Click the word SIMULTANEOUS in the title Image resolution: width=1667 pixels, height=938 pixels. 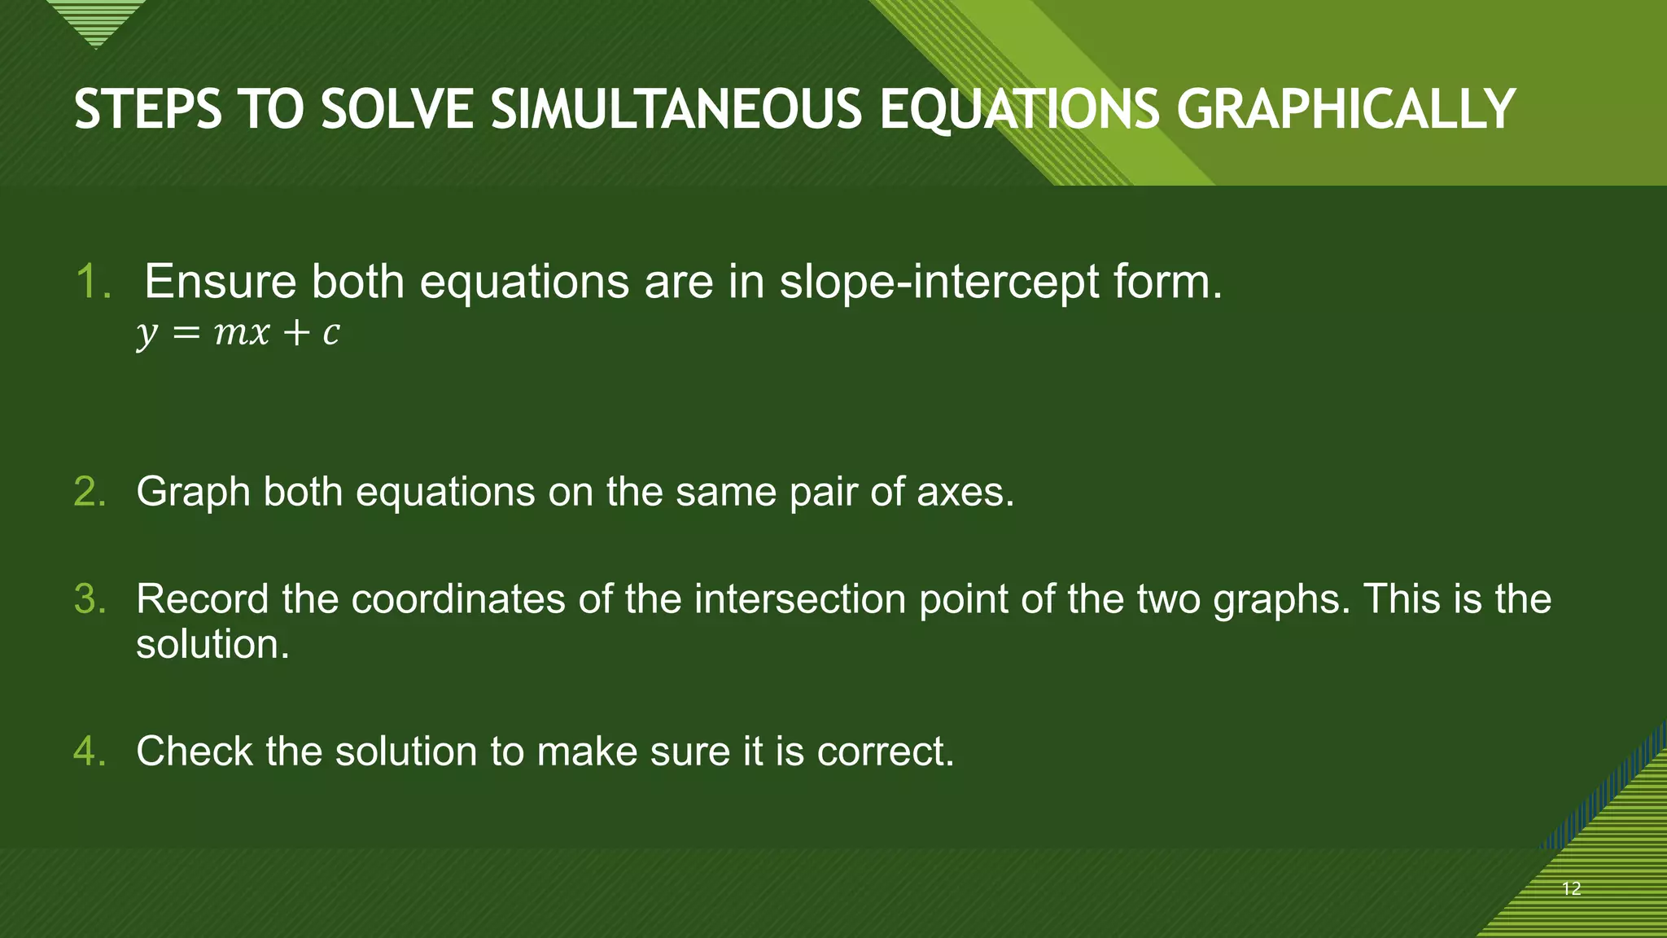(x=676, y=110)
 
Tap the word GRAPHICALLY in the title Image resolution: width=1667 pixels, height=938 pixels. (x=1345, y=110)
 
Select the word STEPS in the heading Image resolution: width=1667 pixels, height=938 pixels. (x=147, y=110)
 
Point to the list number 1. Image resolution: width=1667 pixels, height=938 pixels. (x=93, y=282)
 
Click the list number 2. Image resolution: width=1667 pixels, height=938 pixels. (x=90, y=492)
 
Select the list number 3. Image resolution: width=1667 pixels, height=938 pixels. (x=90, y=599)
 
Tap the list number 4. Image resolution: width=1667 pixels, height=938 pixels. (x=90, y=751)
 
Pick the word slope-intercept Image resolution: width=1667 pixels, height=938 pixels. (x=939, y=283)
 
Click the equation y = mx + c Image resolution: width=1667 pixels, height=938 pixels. (x=238, y=332)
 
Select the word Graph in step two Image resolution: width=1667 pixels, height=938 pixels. (x=193, y=493)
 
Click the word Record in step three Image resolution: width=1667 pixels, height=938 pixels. (x=202, y=599)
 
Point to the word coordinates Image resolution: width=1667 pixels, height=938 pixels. (x=458, y=599)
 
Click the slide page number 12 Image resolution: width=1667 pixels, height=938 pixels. (x=1572, y=888)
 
